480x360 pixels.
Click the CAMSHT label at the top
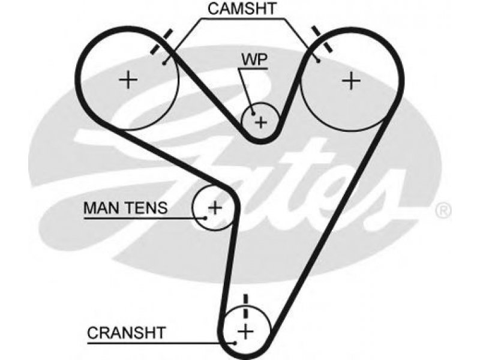(242, 8)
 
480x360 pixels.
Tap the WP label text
(254, 59)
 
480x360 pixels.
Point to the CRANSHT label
(127, 333)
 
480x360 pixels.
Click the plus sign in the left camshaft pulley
(128, 80)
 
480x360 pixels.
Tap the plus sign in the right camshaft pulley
(351, 81)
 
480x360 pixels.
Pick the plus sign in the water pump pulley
(261, 123)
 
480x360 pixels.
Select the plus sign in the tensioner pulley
(215, 208)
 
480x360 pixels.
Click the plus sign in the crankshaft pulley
(246, 332)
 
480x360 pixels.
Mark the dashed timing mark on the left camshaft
(161, 42)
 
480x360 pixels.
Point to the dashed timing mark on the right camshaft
(322, 39)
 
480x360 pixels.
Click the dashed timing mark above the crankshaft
(245, 307)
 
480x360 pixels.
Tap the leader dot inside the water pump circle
(253, 114)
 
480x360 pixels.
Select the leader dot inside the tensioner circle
(206, 218)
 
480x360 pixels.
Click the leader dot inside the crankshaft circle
(235, 343)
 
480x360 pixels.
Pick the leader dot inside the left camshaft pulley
(164, 64)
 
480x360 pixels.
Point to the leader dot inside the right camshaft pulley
(319, 61)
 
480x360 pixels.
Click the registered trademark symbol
(443, 211)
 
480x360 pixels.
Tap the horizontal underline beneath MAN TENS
(145, 218)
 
